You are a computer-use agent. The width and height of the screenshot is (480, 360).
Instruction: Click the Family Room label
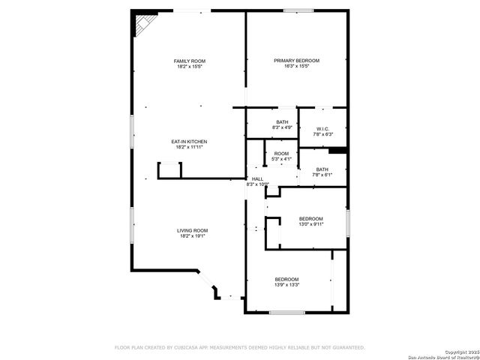click(x=190, y=61)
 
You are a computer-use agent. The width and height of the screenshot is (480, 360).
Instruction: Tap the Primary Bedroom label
click(x=296, y=61)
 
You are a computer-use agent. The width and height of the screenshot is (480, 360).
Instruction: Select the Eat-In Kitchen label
click(x=190, y=141)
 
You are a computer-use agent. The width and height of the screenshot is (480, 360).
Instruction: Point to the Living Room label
click(x=193, y=230)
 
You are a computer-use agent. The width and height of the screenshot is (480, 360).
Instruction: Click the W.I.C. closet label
click(x=323, y=128)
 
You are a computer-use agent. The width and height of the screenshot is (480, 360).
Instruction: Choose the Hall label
click(x=257, y=178)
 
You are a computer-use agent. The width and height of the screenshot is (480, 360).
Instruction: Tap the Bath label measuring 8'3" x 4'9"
click(x=282, y=122)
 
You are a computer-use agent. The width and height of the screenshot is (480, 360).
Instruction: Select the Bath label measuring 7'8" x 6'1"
click(x=322, y=169)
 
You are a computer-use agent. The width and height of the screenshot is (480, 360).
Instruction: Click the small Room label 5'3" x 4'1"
click(x=281, y=153)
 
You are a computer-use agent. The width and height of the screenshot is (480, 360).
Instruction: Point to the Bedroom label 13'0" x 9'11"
click(x=311, y=218)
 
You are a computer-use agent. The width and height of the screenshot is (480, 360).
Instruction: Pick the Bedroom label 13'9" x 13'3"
click(x=286, y=279)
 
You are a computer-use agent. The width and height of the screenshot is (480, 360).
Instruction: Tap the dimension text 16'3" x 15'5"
click(x=296, y=67)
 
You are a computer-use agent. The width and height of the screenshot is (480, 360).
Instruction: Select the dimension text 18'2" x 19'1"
click(x=193, y=236)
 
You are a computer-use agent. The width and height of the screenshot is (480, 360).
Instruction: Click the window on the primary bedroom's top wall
click(x=299, y=10)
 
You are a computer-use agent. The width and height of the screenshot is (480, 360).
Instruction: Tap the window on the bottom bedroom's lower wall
click(x=286, y=312)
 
